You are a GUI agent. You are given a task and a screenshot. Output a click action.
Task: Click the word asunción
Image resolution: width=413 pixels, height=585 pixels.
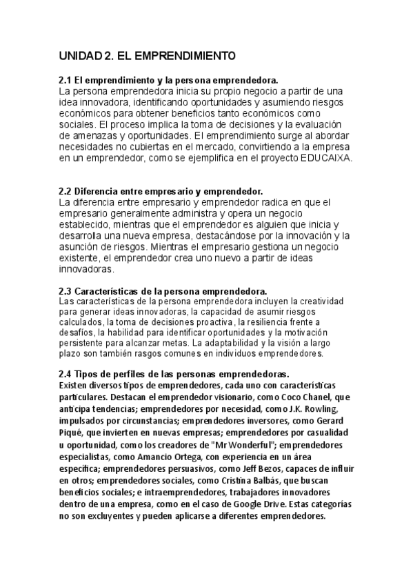point(80,246)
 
